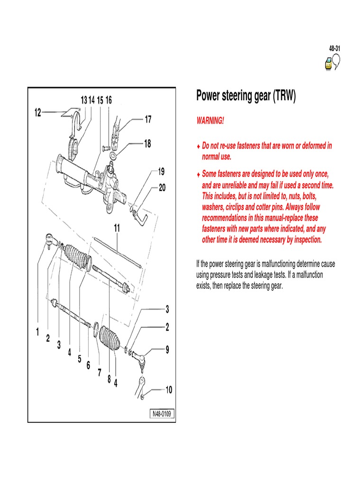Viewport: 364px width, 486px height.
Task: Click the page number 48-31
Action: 335,49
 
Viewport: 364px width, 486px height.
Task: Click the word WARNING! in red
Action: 209,121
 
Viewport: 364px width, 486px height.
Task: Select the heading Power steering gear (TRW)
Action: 246,96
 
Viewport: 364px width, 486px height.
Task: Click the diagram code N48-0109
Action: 162,414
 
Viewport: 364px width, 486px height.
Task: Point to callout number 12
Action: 38,112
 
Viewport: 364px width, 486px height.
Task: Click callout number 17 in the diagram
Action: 148,120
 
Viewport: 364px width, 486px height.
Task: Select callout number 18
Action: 147,143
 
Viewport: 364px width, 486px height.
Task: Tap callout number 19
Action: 161,171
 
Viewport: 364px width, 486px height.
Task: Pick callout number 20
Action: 162,187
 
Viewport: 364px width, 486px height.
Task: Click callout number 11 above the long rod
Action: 117,228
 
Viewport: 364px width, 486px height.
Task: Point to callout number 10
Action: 169,390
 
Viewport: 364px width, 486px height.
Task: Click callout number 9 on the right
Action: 167,350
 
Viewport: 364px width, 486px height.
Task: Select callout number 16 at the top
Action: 109,100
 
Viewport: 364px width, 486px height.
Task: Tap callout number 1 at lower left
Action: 37,333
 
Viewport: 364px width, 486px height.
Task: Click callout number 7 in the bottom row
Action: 99,373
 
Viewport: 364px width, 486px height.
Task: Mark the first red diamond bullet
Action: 199,147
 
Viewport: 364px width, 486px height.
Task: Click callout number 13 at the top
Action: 83,100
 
